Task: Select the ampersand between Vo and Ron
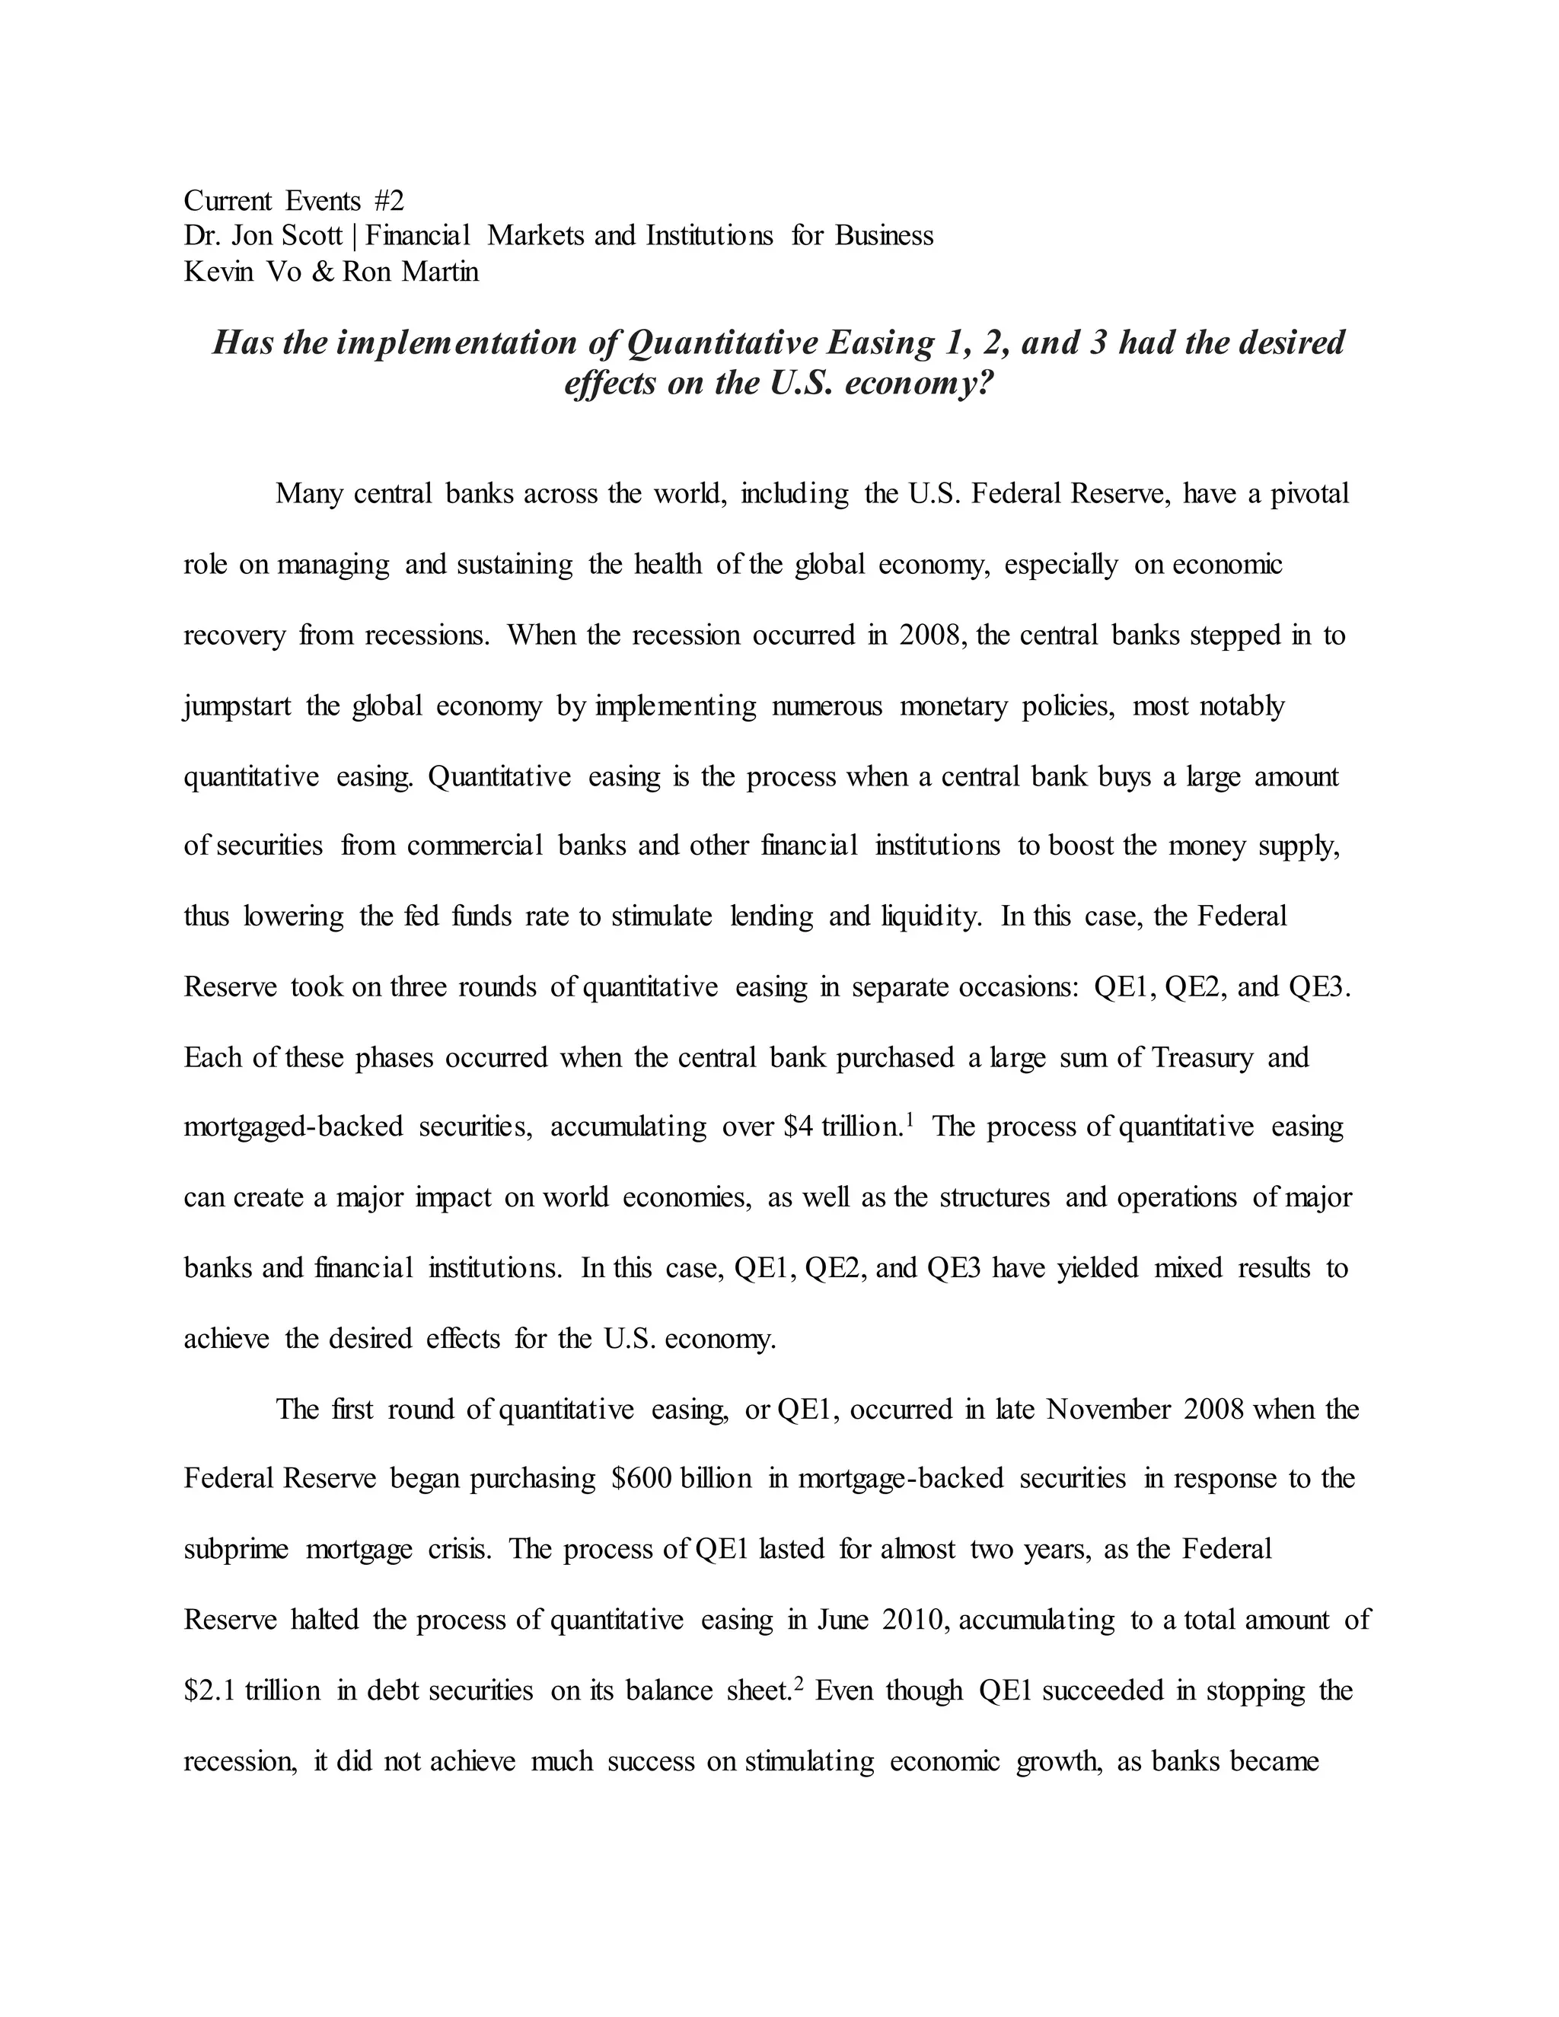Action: pos(322,272)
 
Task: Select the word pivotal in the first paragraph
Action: pos(1309,494)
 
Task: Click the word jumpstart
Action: pos(238,706)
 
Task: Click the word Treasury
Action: pos(1203,1056)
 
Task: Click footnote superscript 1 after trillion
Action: pos(910,1120)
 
